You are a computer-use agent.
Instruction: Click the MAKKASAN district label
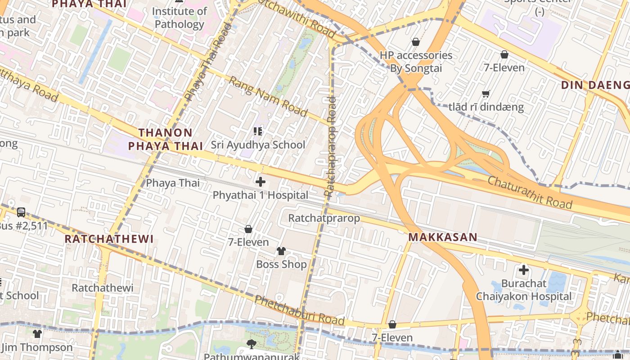442,237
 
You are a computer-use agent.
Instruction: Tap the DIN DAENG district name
595,85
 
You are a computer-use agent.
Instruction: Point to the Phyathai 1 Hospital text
261,195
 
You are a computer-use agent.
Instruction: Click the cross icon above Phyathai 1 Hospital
261,182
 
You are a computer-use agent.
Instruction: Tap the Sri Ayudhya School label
258,145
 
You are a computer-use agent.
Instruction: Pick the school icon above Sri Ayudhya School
258,131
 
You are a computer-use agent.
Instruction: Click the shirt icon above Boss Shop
281,251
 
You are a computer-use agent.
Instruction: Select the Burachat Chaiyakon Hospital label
524,290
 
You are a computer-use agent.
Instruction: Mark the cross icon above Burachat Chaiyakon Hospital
524,270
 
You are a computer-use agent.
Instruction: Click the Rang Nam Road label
268,96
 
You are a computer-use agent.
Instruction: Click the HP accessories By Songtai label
416,62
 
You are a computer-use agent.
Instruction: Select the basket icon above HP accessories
416,42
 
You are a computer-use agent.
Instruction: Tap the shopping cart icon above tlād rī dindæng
486,94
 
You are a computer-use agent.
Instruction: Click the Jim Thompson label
37,347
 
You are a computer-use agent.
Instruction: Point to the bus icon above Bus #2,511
21,212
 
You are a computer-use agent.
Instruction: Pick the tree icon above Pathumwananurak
252,344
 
